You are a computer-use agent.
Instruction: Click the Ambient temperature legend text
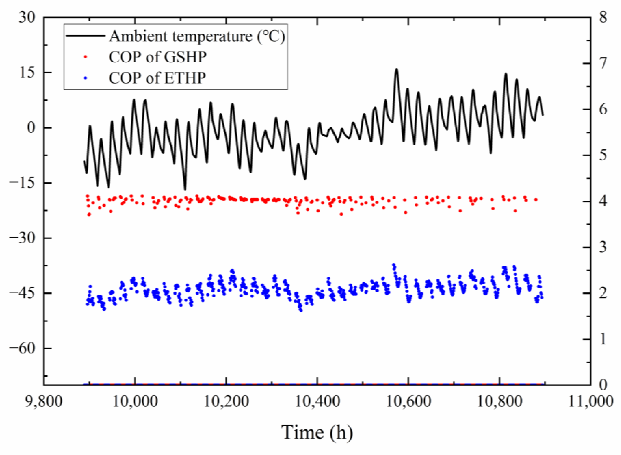(197, 36)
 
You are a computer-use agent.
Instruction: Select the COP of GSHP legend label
(157, 57)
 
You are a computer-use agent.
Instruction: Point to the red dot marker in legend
(85, 57)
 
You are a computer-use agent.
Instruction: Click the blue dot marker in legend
(85, 78)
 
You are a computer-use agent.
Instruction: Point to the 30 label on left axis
(27, 18)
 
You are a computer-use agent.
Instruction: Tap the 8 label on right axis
(603, 18)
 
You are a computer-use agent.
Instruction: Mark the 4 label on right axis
(603, 201)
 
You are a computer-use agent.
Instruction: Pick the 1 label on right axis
(603, 339)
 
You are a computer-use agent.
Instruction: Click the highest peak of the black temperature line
(396, 69)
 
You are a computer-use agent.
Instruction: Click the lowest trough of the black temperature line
(185, 189)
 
